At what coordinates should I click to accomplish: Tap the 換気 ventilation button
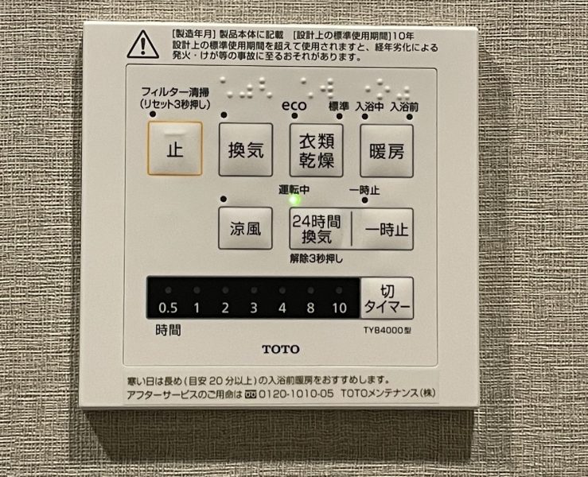(x=246, y=150)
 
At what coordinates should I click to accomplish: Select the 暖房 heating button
(x=387, y=151)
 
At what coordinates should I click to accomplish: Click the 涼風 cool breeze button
(x=245, y=228)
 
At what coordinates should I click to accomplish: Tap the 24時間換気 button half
(x=320, y=229)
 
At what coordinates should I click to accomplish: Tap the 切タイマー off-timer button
(x=387, y=298)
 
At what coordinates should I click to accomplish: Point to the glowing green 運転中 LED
(x=294, y=200)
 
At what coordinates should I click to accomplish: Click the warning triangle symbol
(x=143, y=45)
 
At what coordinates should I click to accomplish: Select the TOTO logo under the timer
(x=281, y=349)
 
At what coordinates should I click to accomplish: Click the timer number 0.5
(x=168, y=308)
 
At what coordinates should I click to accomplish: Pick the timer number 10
(x=339, y=308)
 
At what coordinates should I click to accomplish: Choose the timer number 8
(x=310, y=308)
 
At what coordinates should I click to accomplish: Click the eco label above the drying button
(x=294, y=105)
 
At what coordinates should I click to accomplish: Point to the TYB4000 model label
(x=387, y=331)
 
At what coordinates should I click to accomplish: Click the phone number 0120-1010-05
(x=296, y=394)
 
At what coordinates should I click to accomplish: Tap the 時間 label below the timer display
(x=169, y=331)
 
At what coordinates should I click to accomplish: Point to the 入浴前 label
(x=404, y=107)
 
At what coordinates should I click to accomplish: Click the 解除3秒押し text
(x=317, y=258)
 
